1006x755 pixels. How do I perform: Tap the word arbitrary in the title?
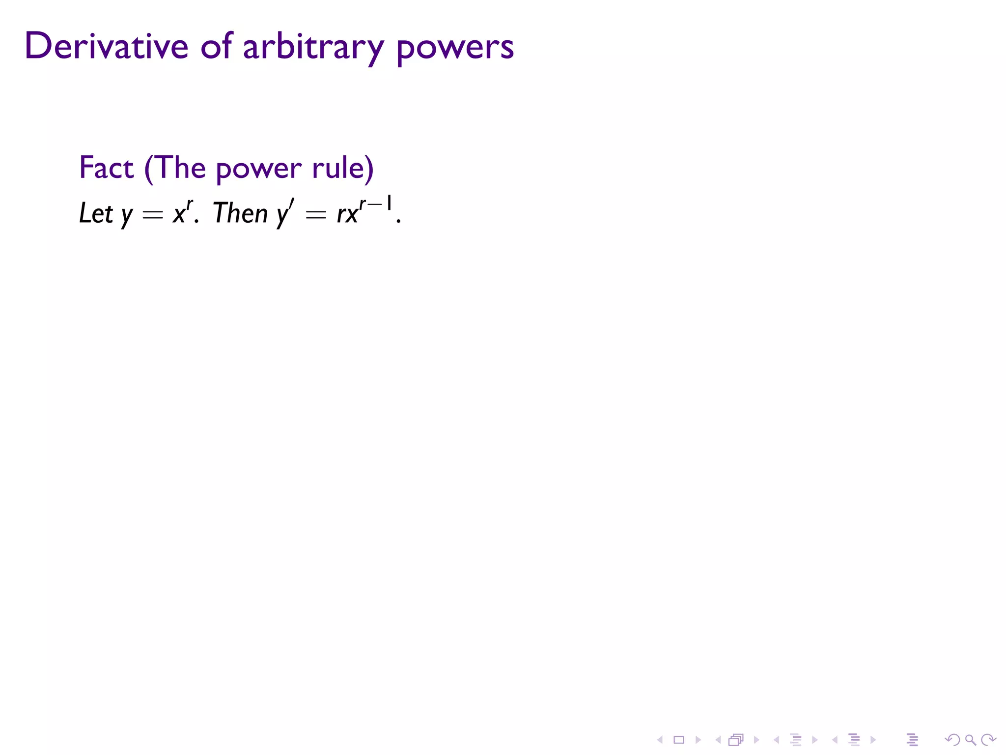click(313, 48)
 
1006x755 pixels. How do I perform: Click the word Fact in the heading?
click(106, 168)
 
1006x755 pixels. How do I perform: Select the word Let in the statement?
click(96, 213)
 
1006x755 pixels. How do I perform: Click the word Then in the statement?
click(240, 213)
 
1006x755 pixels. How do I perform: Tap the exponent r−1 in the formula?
click(376, 203)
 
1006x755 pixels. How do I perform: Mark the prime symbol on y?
click(291, 204)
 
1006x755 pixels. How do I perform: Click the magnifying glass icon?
click(970, 740)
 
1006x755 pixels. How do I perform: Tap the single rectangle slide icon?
click(679, 740)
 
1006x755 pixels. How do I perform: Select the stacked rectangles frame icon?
click(736, 740)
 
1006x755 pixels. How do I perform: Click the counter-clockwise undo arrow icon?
click(952, 740)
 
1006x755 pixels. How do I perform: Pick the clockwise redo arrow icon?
click(988, 740)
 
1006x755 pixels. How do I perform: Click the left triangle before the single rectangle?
click(660, 740)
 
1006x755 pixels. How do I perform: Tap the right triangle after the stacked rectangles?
click(756, 740)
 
